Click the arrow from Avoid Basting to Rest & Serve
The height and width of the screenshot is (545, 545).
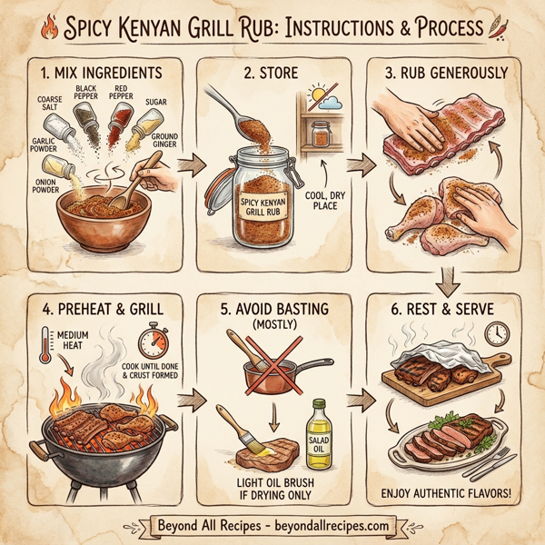[x=362, y=397]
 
